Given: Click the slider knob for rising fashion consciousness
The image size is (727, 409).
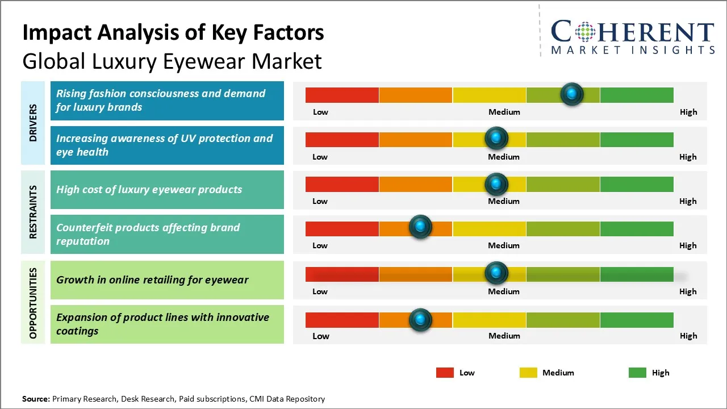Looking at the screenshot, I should pos(572,94).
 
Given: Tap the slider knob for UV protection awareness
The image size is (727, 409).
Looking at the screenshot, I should pos(496,138).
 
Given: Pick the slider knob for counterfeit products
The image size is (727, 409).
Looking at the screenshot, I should pos(420,227).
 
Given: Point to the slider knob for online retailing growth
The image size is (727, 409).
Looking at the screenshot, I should pos(496,273).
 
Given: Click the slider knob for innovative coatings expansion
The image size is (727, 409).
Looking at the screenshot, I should pos(420,320).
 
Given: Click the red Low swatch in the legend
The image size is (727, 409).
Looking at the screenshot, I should pos(445,373).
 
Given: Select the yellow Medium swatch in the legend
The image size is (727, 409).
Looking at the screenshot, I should pos(528,373).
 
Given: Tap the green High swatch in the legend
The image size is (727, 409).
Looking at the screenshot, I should pos(637,373).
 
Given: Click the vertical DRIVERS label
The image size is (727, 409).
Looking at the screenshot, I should pos(33,122).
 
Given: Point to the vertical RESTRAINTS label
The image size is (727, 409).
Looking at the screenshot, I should pos(33,212).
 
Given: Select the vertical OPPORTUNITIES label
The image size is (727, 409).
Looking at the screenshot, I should pos(33,303).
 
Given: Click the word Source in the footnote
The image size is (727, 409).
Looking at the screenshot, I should pos(35,399).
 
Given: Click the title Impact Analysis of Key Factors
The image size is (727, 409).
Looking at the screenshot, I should pos(173,33).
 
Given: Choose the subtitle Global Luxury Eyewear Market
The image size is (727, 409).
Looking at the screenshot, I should pos(172,61).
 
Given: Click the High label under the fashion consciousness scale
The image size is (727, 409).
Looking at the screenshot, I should pos(688,112).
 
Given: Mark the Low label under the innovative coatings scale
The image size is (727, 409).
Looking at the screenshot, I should pos(321,336).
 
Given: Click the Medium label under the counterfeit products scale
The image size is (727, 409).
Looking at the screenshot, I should pos(504,245).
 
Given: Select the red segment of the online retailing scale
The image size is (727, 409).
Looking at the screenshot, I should pos(342,274).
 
